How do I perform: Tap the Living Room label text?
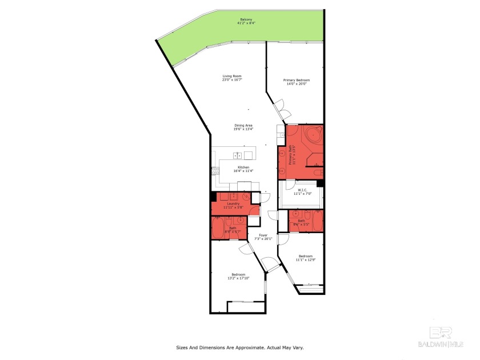pyautogui.click(x=232, y=76)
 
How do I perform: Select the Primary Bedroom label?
pyautogui.click(x=296, y=80)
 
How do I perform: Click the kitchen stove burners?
pyautogui.click(x=215, y=170)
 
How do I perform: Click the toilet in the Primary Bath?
pyautogui.click(x=318, y=172)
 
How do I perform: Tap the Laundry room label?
pyautogui.click(x=233, y=203)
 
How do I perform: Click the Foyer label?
pyautogui.click(x=263, y=235)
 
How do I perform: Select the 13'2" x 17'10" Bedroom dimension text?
pyautogui.click(x=238, y=278)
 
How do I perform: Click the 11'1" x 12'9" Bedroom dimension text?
pyautogui.click(x=305, y=260)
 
